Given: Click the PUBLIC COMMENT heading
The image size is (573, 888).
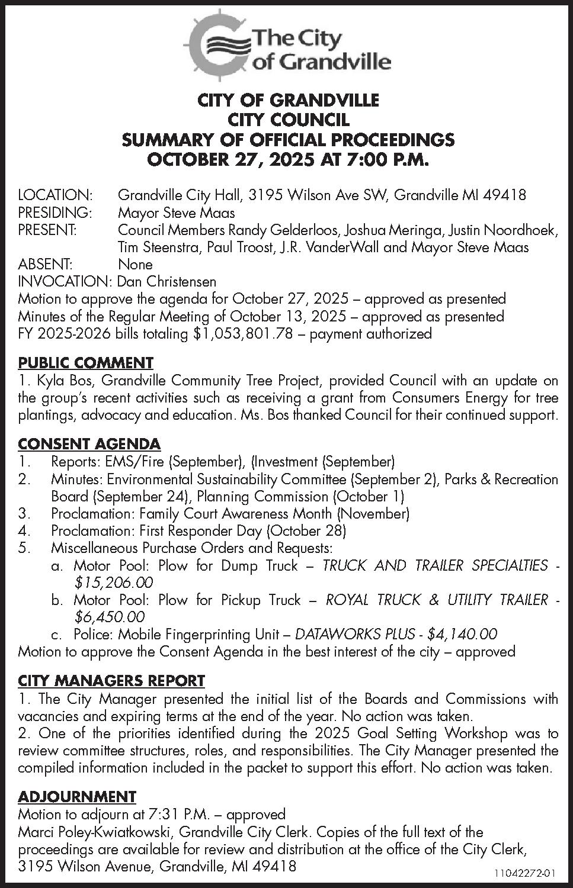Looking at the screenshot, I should [x=85, y=362].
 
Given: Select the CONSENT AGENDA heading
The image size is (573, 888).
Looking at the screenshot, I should [x=89, y=443].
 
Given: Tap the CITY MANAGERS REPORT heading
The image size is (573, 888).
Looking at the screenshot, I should [x=111, y=681].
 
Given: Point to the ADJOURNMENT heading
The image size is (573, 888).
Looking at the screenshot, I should [x=77, y=796].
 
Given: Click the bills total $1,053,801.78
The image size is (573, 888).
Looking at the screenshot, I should [x=244, y=333].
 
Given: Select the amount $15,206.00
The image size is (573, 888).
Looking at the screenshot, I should [x=113, y=583].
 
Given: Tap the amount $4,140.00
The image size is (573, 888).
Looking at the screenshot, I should [x=462, y=634].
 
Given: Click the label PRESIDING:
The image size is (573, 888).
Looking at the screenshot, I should [x=55, y=212].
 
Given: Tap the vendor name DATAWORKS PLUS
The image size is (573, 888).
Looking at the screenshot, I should [x=354, y=634].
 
